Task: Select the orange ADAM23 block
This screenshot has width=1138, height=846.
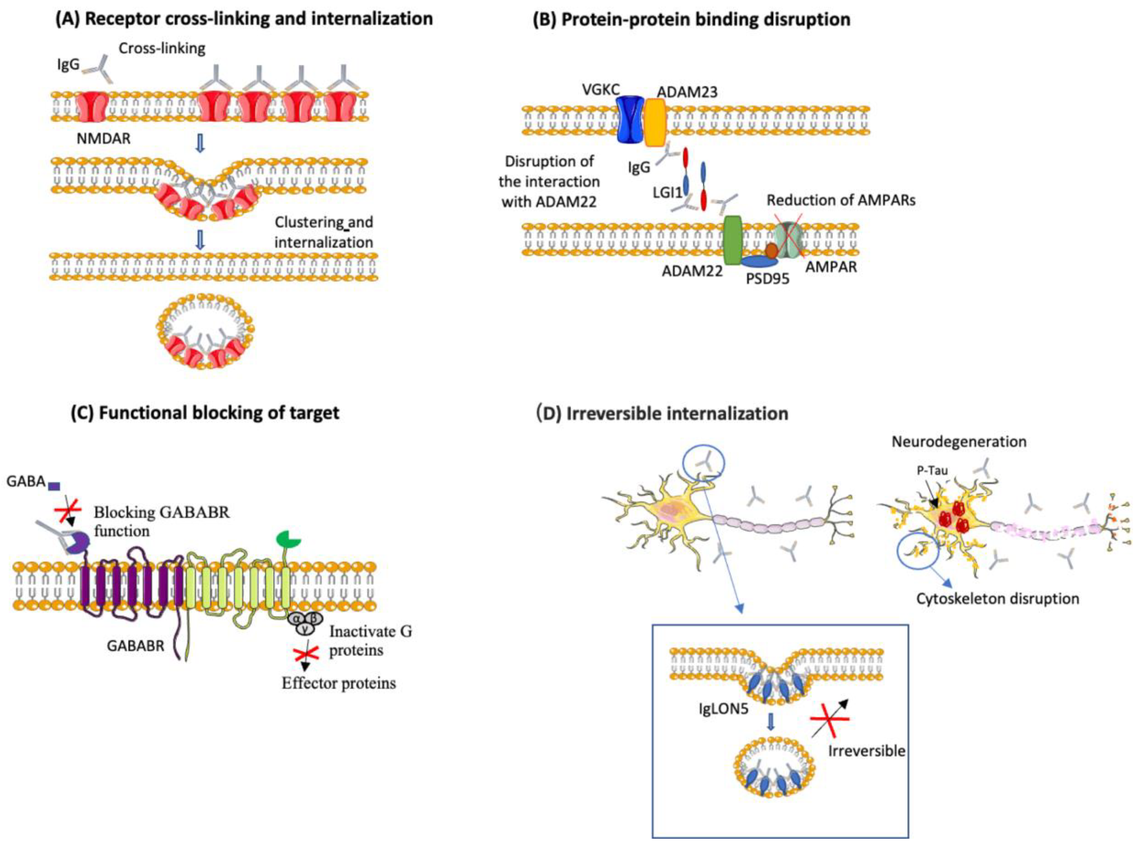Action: point(655,122)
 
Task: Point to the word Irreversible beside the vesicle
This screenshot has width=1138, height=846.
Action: point(866,751)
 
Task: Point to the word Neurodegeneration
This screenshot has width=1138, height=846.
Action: point(959,441)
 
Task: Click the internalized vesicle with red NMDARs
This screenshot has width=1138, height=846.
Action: point(205,331)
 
